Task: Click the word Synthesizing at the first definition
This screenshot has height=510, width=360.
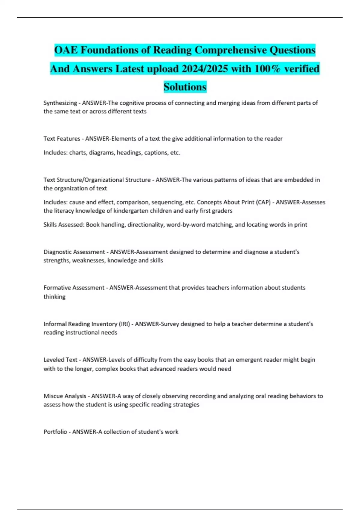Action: pyautogui.click(x=60, y=103)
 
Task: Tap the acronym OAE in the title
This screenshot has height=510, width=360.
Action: pyautogui.click(x=66, y=50)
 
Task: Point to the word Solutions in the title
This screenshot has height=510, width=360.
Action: pyautogui.click(x=185, y=87)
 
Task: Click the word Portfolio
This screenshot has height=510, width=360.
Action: pyautogui.click(x=55, y=432)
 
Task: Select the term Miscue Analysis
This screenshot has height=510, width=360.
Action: pyautogui.click(x=65, y=396)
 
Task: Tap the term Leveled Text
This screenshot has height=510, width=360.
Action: pyautogui.click(x=60, y=360)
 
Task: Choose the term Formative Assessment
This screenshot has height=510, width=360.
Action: pyautogui.click(x=74, y=288)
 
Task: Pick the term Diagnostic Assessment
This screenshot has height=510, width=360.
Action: pyautogui.click(x=74, y=252)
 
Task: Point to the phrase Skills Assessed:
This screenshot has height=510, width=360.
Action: pyautogui.click(x=64, y=225)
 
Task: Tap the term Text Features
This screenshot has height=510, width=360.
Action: pyautogui.click(x=62, y=139)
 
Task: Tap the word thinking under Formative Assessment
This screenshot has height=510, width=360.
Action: pyautogui.click(x=54, y=297)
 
